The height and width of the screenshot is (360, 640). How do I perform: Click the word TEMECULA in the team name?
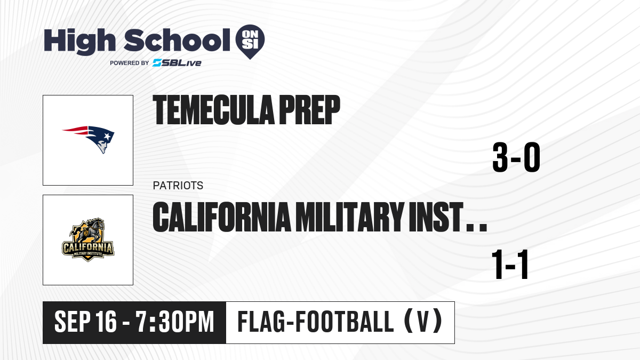point(213,110)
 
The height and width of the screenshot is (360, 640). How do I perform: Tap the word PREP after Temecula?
point(309,110)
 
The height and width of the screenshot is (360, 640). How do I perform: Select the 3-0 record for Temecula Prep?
point(516,157)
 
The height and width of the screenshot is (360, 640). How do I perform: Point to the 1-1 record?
point(510,265)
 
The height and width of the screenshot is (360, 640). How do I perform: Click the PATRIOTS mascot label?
point(178,186)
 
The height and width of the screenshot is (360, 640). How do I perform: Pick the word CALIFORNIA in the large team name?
point(222,217)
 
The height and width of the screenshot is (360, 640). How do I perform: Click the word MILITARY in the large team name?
point(349,217)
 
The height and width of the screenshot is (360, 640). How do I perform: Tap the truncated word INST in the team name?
point(436,217)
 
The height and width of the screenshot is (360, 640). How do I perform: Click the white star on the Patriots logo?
point(107,137)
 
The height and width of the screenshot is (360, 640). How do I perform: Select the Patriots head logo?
point(89,139)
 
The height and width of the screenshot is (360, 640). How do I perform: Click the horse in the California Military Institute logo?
point(89,231)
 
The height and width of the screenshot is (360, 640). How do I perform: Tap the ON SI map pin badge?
point(250,42)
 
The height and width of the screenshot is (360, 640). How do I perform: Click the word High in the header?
point(80,42)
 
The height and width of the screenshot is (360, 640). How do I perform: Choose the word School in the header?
point(177,40)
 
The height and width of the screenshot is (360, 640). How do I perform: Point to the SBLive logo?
point(177,63)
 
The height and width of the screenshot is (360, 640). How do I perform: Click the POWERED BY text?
point(130,63)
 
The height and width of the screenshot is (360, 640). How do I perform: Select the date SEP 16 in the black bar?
point(85,322)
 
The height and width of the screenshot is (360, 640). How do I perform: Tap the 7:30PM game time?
point(175,322)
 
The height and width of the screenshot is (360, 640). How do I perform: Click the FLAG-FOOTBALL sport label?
point(316,322)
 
